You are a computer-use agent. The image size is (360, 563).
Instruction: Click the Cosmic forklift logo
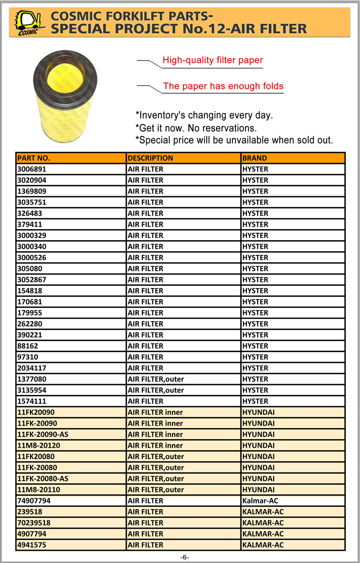[28, 22]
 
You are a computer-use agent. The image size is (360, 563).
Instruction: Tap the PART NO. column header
[34, 158]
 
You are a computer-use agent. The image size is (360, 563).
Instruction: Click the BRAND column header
[255, 158]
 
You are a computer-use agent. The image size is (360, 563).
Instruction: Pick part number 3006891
[32, 169]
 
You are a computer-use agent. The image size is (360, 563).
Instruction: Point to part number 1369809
[32, 191]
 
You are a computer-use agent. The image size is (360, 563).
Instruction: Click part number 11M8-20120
[38, 445]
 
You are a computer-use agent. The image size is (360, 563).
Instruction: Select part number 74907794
[34, 501]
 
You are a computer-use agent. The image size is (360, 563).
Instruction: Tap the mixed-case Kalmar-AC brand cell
[260, 501]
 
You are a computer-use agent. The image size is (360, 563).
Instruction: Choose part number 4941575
[32, 545]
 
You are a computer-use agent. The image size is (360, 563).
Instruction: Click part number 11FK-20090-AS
[43, 434]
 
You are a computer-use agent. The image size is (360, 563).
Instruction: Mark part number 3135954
[32, 390]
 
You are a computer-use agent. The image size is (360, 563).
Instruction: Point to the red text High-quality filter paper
[212, 60]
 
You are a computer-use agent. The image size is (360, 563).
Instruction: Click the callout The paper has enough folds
[223, 86]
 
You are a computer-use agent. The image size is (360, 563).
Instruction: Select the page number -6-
[184, 557]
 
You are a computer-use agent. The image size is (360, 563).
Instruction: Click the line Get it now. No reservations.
[196, 128]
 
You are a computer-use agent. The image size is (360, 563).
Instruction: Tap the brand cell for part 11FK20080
[258, 456]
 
